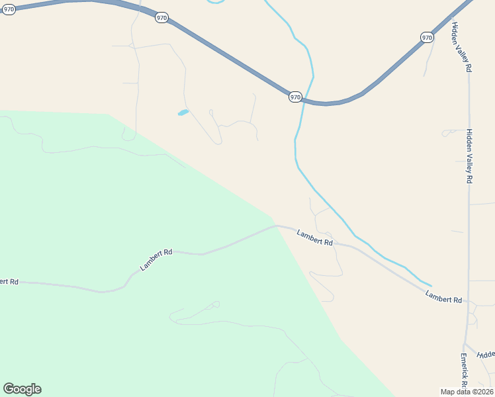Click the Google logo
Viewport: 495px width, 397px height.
click(22, 389)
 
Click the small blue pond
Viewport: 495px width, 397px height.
click(183, 112)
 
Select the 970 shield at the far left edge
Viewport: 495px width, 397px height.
click(8, 10)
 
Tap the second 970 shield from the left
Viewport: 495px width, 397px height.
click(161, 18)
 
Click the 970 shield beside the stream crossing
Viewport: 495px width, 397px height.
click(295, 97)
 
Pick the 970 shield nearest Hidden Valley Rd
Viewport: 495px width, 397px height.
click(427, 38)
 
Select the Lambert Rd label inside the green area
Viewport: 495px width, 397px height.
click(156, 260)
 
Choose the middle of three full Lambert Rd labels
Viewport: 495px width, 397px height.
click(314, 238)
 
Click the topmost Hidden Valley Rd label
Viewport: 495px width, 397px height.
click(462, 46)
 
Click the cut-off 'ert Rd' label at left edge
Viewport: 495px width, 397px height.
click(9, 281)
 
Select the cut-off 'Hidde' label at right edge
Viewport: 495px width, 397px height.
click(486, 355)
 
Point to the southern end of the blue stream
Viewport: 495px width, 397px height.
click(431, 286)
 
